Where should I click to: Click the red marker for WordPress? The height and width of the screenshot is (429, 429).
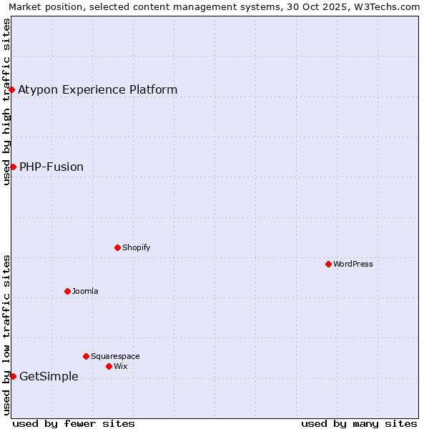(328, 264)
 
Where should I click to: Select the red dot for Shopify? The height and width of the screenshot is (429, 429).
(117, 247)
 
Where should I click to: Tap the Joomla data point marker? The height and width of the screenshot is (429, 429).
(67, 291)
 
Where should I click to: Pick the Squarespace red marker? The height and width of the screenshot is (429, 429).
(86, 356)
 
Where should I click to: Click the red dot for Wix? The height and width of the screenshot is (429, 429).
(109, 366)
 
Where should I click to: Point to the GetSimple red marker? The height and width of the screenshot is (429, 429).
(13, 376)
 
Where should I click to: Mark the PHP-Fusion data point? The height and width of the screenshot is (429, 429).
(13, 167)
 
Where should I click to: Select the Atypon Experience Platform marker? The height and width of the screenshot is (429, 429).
(12, 89)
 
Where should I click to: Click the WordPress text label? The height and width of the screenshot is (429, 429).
(353, 264)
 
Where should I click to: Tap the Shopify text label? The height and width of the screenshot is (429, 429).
(136, 247)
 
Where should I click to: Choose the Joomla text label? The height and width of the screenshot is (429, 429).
(85, 291)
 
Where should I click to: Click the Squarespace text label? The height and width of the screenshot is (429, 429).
(115, 356)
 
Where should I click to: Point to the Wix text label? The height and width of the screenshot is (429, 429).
(120, 366)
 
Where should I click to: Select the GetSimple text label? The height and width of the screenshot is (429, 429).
(49, 377)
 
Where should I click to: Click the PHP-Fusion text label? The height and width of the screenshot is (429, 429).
(51, 167)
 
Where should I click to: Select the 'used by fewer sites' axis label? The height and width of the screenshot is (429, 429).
(74, 423)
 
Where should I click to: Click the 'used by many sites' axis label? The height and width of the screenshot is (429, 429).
(359, 423)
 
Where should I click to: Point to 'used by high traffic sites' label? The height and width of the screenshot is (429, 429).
(6, 102)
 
